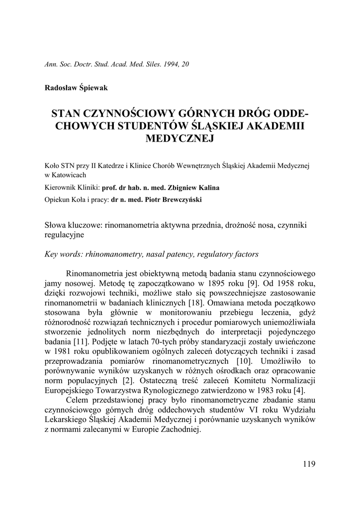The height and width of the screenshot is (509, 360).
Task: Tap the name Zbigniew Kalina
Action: (x=194, y=188)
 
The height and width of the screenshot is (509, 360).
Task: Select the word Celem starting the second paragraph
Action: (x=78, y=399)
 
